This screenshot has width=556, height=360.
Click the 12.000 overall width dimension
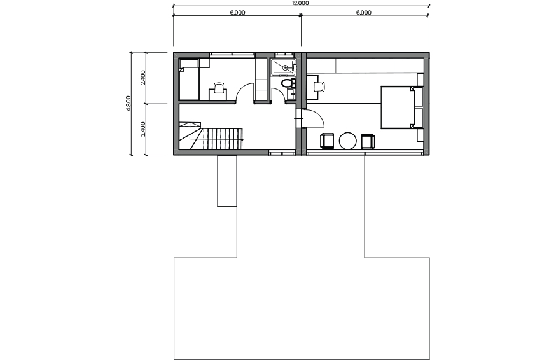click(x=300, y=3)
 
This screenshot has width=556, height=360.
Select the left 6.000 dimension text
click(x=237, y=13)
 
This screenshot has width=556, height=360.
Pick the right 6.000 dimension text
click(x=363, y=13)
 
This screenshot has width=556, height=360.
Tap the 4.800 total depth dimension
click(x=129, y=103)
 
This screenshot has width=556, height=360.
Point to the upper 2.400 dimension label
click(x=142, y=78)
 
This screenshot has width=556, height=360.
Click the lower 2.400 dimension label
click(x=142, y=129)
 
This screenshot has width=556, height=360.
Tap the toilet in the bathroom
click(x=288, y=84)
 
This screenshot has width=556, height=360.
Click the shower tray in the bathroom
click(x=283, y=67)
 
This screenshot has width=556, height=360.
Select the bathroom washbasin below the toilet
click(x=291, y=95)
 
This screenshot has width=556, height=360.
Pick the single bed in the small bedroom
click(x=189, y=80)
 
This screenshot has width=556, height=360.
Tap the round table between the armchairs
click(x=347, y=141)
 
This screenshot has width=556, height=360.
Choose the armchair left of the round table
click(x=327, y=141)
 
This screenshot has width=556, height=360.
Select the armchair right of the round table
click(x=368, y=141)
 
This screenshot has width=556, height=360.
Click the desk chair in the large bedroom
click(x=319, y=87)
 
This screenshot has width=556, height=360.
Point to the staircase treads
click(x=222, y=139)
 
